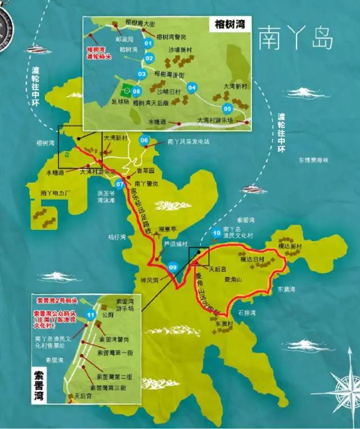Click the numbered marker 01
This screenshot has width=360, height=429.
pyautogui.click(x=148, y=43)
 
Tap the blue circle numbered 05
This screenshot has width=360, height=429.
pyautogui.click(x=227, y=109)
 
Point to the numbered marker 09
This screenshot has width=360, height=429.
pyautogui.click(x=173, y=267)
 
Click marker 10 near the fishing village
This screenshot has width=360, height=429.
pyautogui.click(x=216, y=233)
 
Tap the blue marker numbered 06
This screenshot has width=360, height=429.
pyautogui.click(x=145, y=140)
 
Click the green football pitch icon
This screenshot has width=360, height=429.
pyautogui.click(x=127, y=89)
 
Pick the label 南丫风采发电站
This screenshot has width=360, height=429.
pyautogui.click(x=188, y=142)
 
